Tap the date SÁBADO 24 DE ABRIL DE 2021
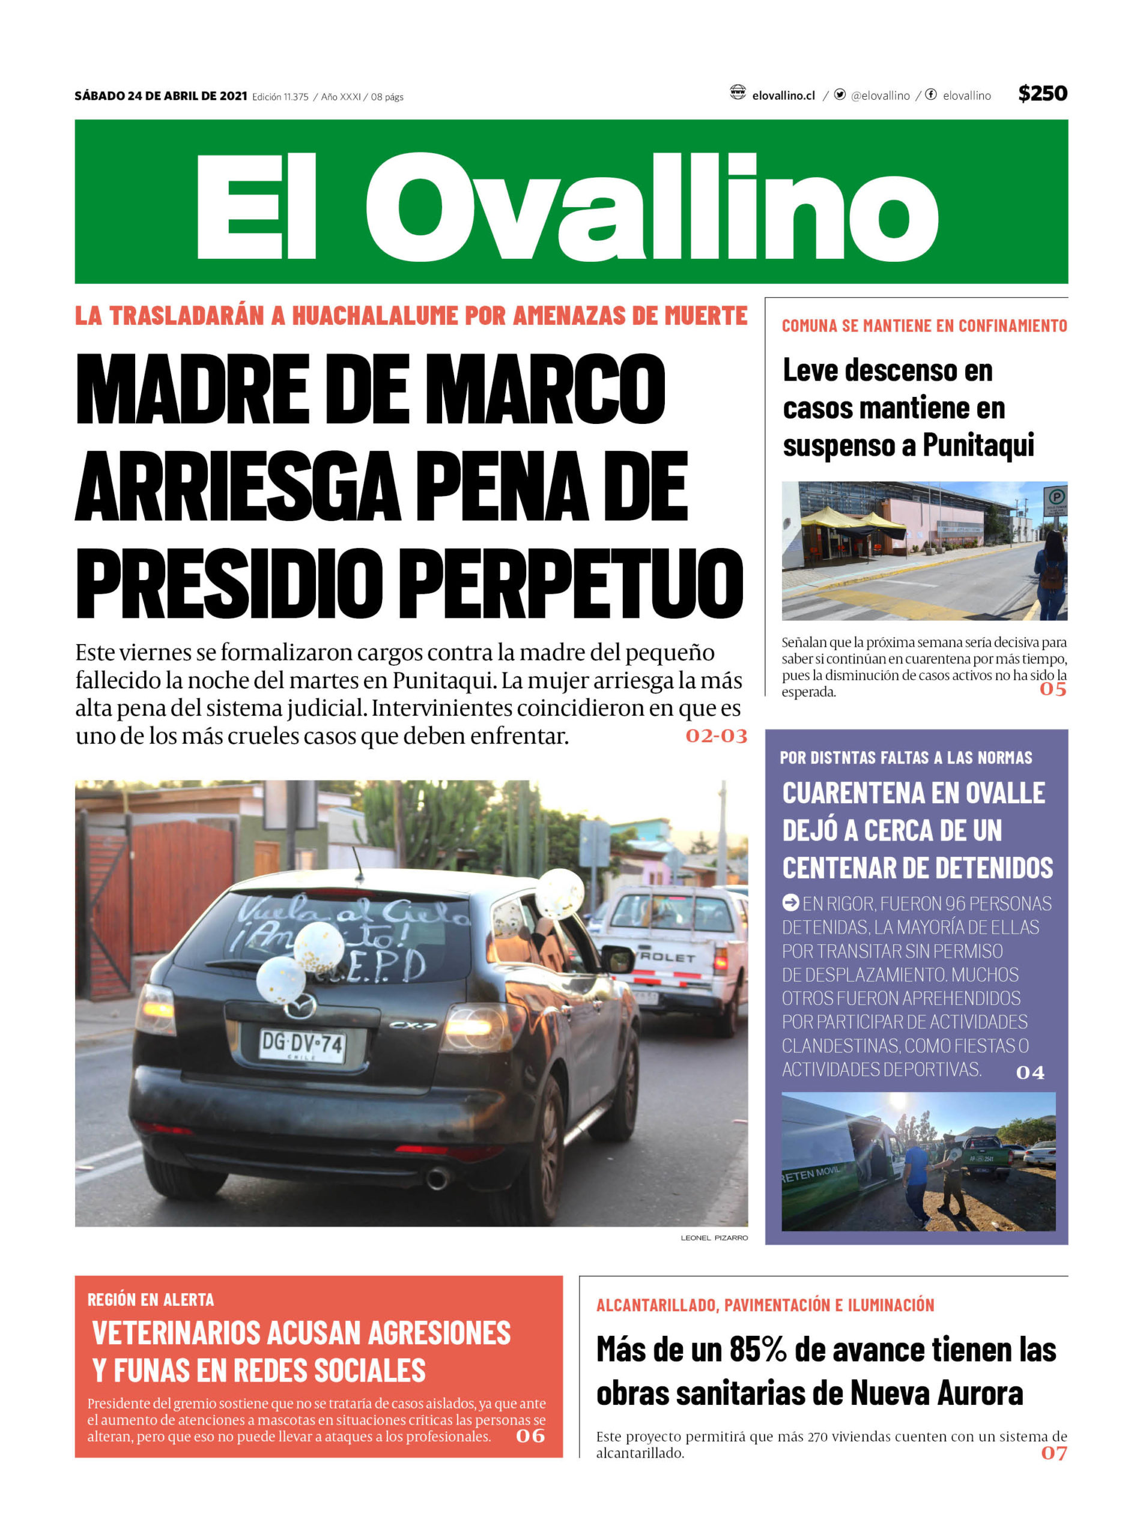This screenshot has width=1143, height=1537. coord(160,96)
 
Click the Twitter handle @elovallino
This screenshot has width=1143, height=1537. coord(880,96)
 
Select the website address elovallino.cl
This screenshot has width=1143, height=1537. coord(783,96)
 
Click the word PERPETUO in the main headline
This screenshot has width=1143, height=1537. coord(572,584)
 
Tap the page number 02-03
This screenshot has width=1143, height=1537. coord(716,735)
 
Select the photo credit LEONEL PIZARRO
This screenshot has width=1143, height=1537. coord(714,1237)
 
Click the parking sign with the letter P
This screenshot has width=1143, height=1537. coord(1055,496)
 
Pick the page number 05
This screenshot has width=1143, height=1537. coord(1052,689)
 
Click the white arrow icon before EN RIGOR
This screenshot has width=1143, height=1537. coord(790,903)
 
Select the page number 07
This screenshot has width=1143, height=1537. coord(1053,1453)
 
